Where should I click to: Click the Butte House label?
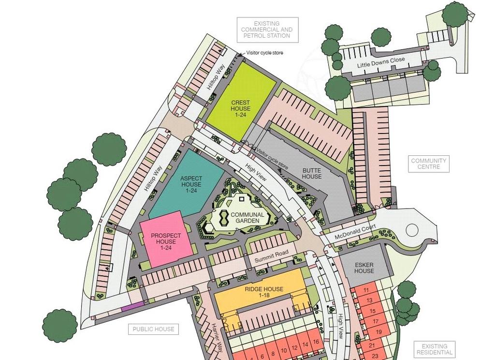point(312,173)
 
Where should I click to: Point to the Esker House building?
point(364,268)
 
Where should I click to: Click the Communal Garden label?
point(247,218)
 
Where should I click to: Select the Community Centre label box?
point(429,164)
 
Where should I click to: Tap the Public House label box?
point(153,330)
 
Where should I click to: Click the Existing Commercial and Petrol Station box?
point(267,30)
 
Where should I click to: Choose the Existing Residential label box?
point(434,349)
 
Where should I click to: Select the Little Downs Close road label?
point(381,62)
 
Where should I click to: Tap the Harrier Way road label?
point(216,337)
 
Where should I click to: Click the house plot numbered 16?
point(316,342)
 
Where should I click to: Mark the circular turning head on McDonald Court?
point(411,230)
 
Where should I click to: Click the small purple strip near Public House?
point(132,306)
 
